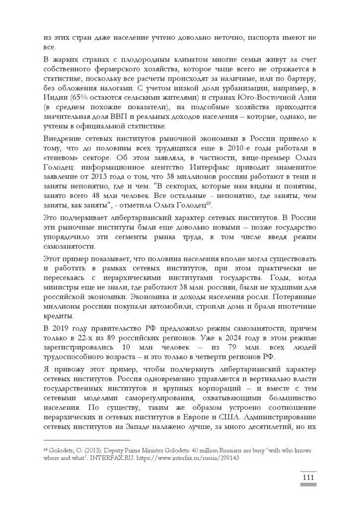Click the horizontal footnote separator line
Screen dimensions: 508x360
pos(86,440)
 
